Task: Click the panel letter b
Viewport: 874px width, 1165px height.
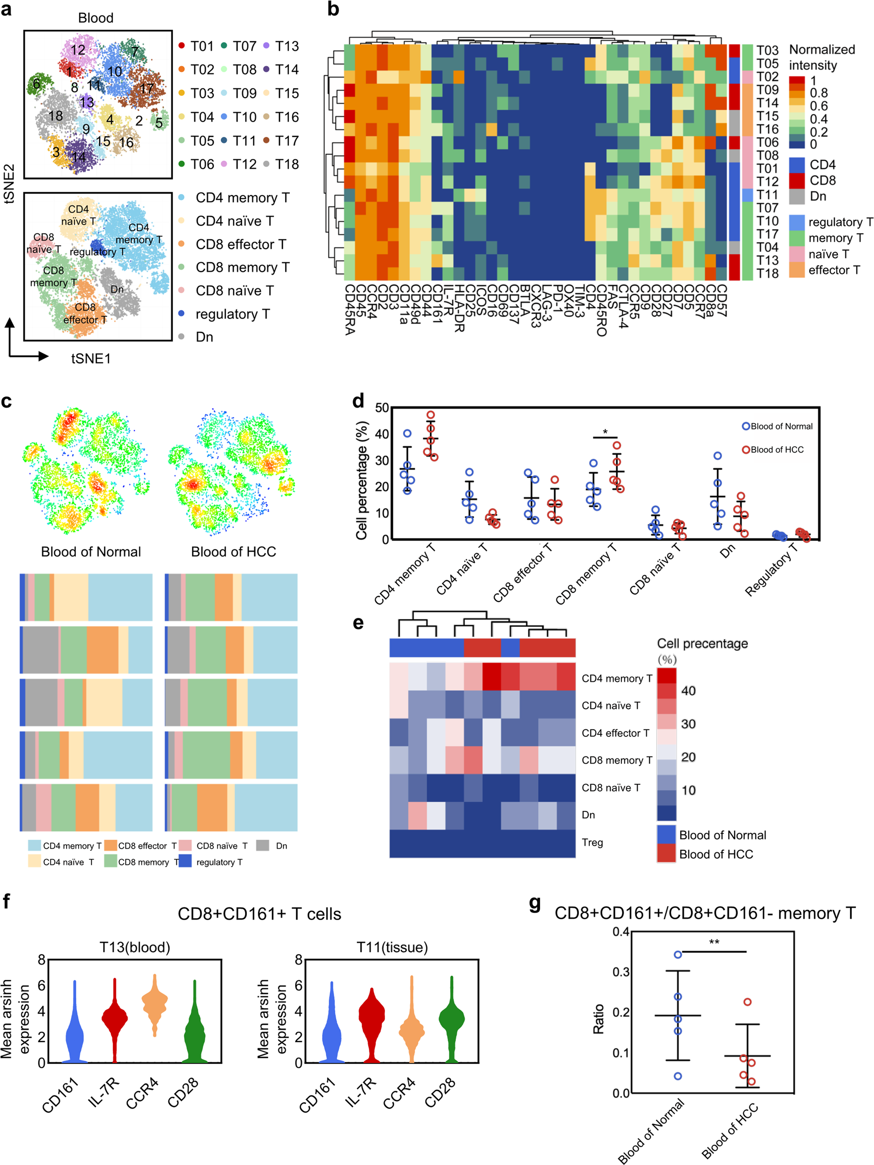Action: (x=333, y=9)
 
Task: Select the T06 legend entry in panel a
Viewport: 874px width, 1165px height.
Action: (x=202, y=164)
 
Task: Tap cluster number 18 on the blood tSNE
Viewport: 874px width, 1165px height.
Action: (x=55, y=115)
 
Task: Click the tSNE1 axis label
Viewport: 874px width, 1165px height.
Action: (x=91, y=359)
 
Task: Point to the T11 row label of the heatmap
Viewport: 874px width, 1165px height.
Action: (x=767, y=195)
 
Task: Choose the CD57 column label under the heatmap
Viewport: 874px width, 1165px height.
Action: (x=721, y=301)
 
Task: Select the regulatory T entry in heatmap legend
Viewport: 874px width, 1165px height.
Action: (x=840, y=222)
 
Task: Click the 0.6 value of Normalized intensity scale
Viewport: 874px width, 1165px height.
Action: (x=819, y=106)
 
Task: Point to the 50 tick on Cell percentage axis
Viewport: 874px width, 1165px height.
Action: (x=382, y=408)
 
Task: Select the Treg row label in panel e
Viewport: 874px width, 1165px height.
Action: (x=592, y=842)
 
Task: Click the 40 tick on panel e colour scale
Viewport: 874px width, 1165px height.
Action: (x=688, y=690)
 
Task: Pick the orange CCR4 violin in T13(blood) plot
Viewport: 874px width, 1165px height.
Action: (x=155, y=1004)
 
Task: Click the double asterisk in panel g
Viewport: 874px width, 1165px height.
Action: (x=714, y=942)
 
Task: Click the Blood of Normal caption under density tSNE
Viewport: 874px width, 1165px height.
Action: (x=91, y=552)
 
